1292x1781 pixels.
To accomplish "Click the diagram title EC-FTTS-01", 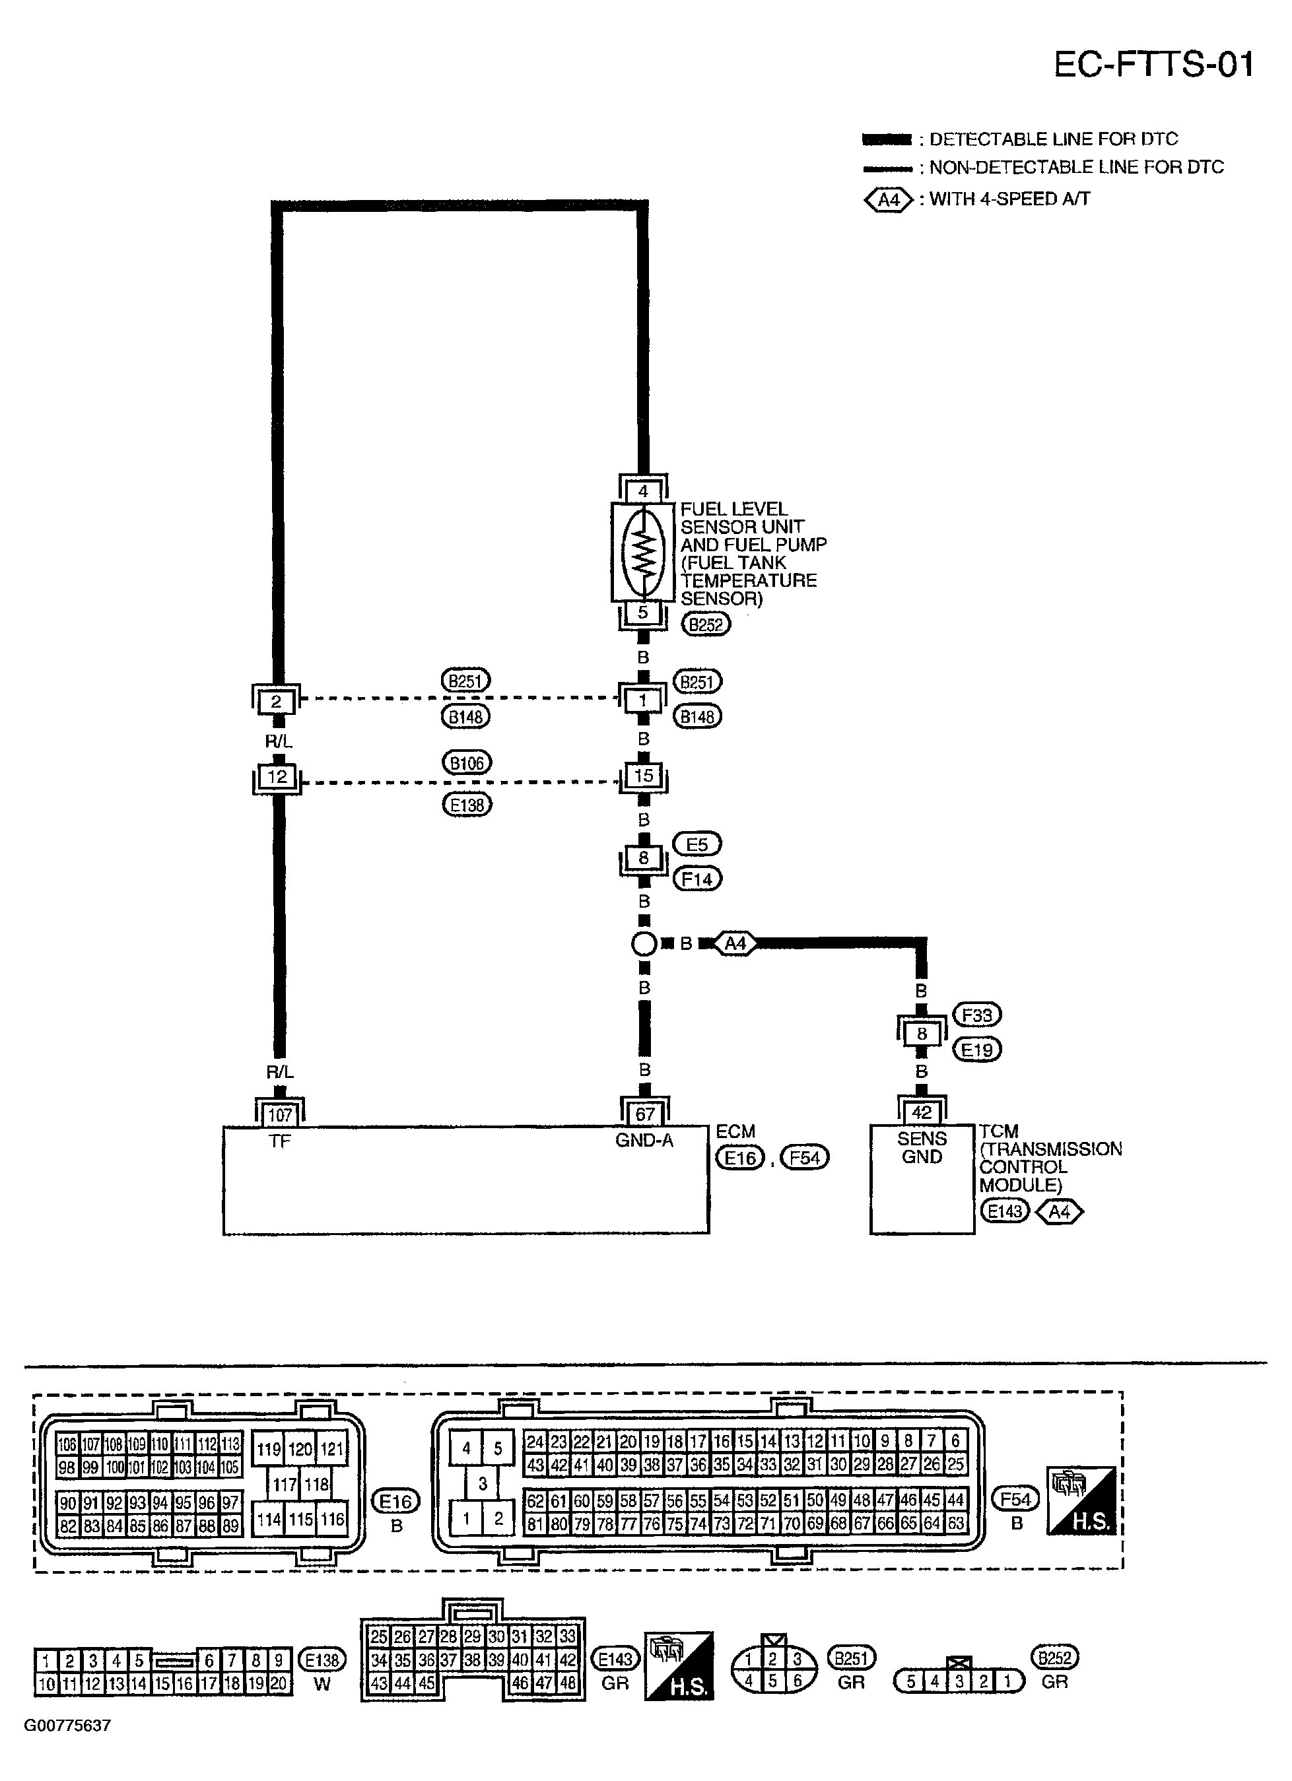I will tap(1152, 65).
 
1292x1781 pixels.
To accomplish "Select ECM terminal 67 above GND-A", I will tap(644, 1114).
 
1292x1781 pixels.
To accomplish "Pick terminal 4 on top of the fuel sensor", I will tap(643, 492).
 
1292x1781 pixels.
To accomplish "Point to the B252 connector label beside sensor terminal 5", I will tap(705, 624).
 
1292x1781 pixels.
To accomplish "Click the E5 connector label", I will tap(697, 844).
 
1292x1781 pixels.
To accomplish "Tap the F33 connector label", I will tap(976, 1015).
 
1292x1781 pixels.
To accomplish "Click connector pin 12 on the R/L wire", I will tap(277, 777).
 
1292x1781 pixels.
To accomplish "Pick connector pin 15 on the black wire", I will tap(643, 776).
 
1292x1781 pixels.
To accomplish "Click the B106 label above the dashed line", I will tap(467, 762).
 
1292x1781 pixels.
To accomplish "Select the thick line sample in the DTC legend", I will tap(887, 140).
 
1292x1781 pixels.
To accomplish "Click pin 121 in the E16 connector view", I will tap(332, 1449).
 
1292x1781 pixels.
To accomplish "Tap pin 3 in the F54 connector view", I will tap(482, 1483).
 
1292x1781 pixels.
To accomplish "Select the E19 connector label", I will tap(976, 1050).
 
